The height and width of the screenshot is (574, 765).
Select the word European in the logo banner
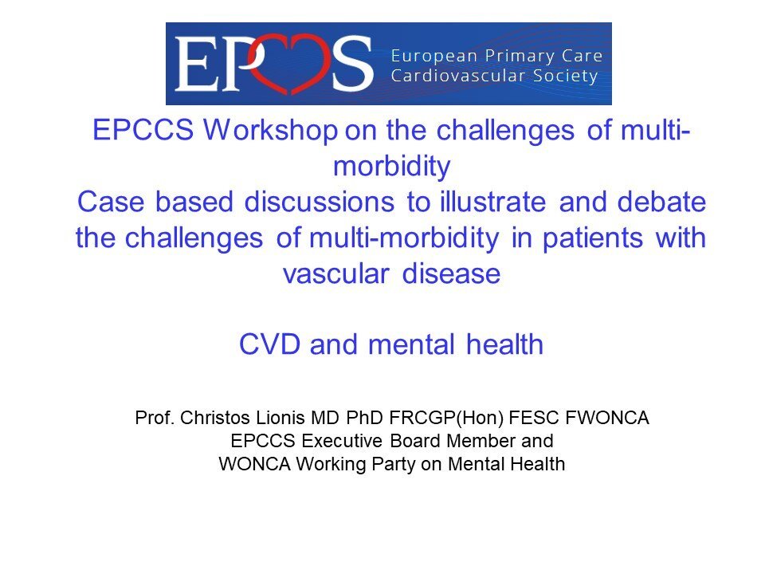(433, 57)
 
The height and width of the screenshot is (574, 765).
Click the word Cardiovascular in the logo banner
(458, 77)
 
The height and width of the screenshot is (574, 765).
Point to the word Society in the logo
(566, 77)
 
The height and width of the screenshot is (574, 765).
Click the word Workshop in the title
(270, 131)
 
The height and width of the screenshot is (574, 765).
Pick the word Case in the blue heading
(111, 202)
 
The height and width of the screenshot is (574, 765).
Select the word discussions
(319, 202)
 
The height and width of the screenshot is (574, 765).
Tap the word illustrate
(492, 202)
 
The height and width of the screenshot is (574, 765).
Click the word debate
(661, 202)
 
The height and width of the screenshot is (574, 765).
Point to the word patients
(592, 238)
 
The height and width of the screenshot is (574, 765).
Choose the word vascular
(335, 273)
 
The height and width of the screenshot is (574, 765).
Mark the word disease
(451, 273)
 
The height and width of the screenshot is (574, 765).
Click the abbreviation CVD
(269, 344)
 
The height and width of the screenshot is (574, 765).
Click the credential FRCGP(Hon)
(446, 419)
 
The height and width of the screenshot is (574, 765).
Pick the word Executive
(342, 441)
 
